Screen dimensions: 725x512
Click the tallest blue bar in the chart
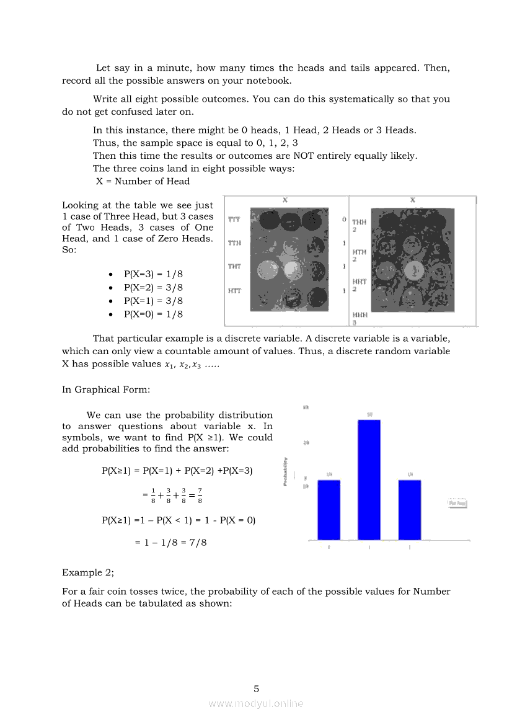369,479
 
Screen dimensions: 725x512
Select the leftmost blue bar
329,509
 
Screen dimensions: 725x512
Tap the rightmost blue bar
410,509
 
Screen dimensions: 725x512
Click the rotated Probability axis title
285,472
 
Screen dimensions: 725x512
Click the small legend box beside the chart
457,503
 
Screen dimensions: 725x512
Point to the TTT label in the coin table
234,220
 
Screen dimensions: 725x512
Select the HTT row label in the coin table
234,290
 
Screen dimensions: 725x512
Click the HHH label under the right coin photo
360,314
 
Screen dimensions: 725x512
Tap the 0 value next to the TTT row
344,220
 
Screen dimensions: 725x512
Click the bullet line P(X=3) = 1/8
153,274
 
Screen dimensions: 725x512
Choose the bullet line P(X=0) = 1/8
153,314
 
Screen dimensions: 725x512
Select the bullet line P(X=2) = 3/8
153,288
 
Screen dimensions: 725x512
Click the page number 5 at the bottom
256,688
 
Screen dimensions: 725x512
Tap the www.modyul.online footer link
256,703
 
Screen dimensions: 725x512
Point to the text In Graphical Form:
106,389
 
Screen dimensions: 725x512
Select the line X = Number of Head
143,181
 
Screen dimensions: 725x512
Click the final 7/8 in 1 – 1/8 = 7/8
198,543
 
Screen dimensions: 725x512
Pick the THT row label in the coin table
234,267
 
